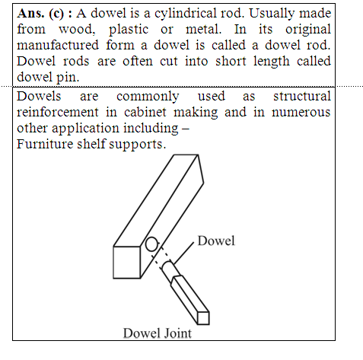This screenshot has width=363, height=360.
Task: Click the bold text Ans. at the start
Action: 30,13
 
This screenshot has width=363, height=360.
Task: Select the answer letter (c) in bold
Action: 56,14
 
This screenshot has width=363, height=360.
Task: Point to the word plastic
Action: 129,30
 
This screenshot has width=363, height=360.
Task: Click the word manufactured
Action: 58,45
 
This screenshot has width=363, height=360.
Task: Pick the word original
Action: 308,30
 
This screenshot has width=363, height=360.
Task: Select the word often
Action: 138,61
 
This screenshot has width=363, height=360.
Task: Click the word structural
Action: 302,96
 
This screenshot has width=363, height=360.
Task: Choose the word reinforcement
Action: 58,112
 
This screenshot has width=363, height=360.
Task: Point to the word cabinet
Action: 145,112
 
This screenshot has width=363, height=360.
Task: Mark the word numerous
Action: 301,113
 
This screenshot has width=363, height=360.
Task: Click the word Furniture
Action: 45,144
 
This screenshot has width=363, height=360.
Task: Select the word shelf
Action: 91,144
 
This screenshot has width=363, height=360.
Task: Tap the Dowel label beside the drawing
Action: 216,241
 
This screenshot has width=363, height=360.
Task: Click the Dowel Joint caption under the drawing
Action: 158,333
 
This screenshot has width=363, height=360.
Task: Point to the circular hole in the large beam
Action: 151,244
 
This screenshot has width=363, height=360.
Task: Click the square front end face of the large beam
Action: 127,263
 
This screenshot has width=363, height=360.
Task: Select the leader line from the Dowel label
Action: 183,253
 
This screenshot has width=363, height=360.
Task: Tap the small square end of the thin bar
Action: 203,318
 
